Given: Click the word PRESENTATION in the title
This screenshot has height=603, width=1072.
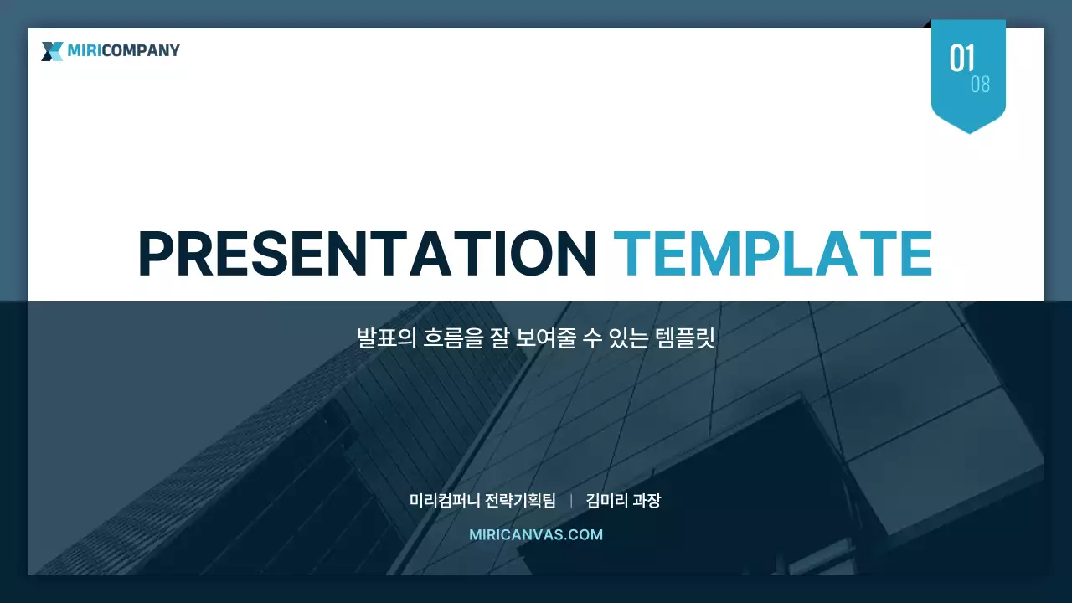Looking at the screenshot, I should pyautogui.click(x=366, y=253).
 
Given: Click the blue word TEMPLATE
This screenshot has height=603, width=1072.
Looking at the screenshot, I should pyautogui.click(x=772, y=253).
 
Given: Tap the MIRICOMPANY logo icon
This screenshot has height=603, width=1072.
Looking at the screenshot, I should pyautogui.click(x=52, y=51).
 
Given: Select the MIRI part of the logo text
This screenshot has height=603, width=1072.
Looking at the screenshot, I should pyautogui.click(x=84, y=50).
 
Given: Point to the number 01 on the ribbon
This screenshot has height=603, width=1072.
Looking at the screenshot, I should pyautogui.click(x=962, y=59).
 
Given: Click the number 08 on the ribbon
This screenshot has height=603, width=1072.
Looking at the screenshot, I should pyautogui.click(x=980, y=85).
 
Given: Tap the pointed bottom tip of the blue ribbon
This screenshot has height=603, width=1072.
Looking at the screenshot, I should pyautogui.click(x=969, y=131).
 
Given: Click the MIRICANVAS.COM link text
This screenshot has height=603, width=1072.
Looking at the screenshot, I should pyautogui.click(x=536, y=534).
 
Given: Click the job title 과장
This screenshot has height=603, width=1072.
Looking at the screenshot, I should pyautogui.click(x=647, y=501).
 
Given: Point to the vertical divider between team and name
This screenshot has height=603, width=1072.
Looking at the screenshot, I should pyautogui.click(x=571, y=501).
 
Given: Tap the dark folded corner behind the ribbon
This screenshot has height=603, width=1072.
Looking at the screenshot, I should pyautogui.click(x=928, y=24).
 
